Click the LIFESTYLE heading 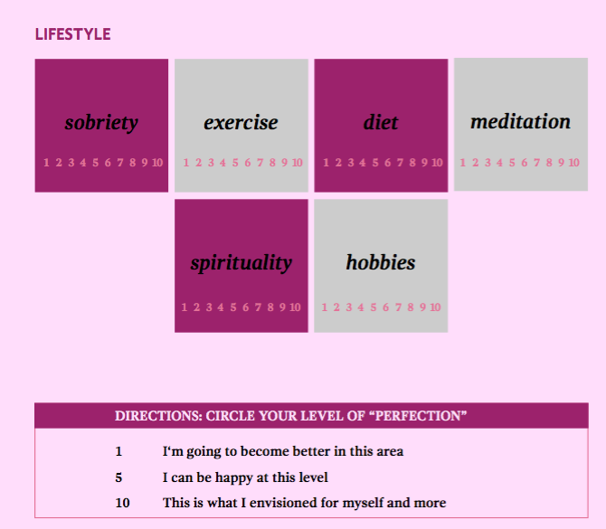[72, 34]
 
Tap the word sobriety [101, 123]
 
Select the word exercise [241, 123]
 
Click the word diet [381, 122]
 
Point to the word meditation [521, 121]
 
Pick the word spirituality [241, 263]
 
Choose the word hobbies [381, 262]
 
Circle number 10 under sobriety [157, 163]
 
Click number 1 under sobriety [46, 163]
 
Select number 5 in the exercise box [235, 163]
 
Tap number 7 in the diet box [400, 163]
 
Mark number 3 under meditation [488, 163]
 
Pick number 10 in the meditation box [574, 163]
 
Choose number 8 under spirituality [270, 307]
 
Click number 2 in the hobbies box [336, 307]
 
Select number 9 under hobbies [422, 307]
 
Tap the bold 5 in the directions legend [118, 477]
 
